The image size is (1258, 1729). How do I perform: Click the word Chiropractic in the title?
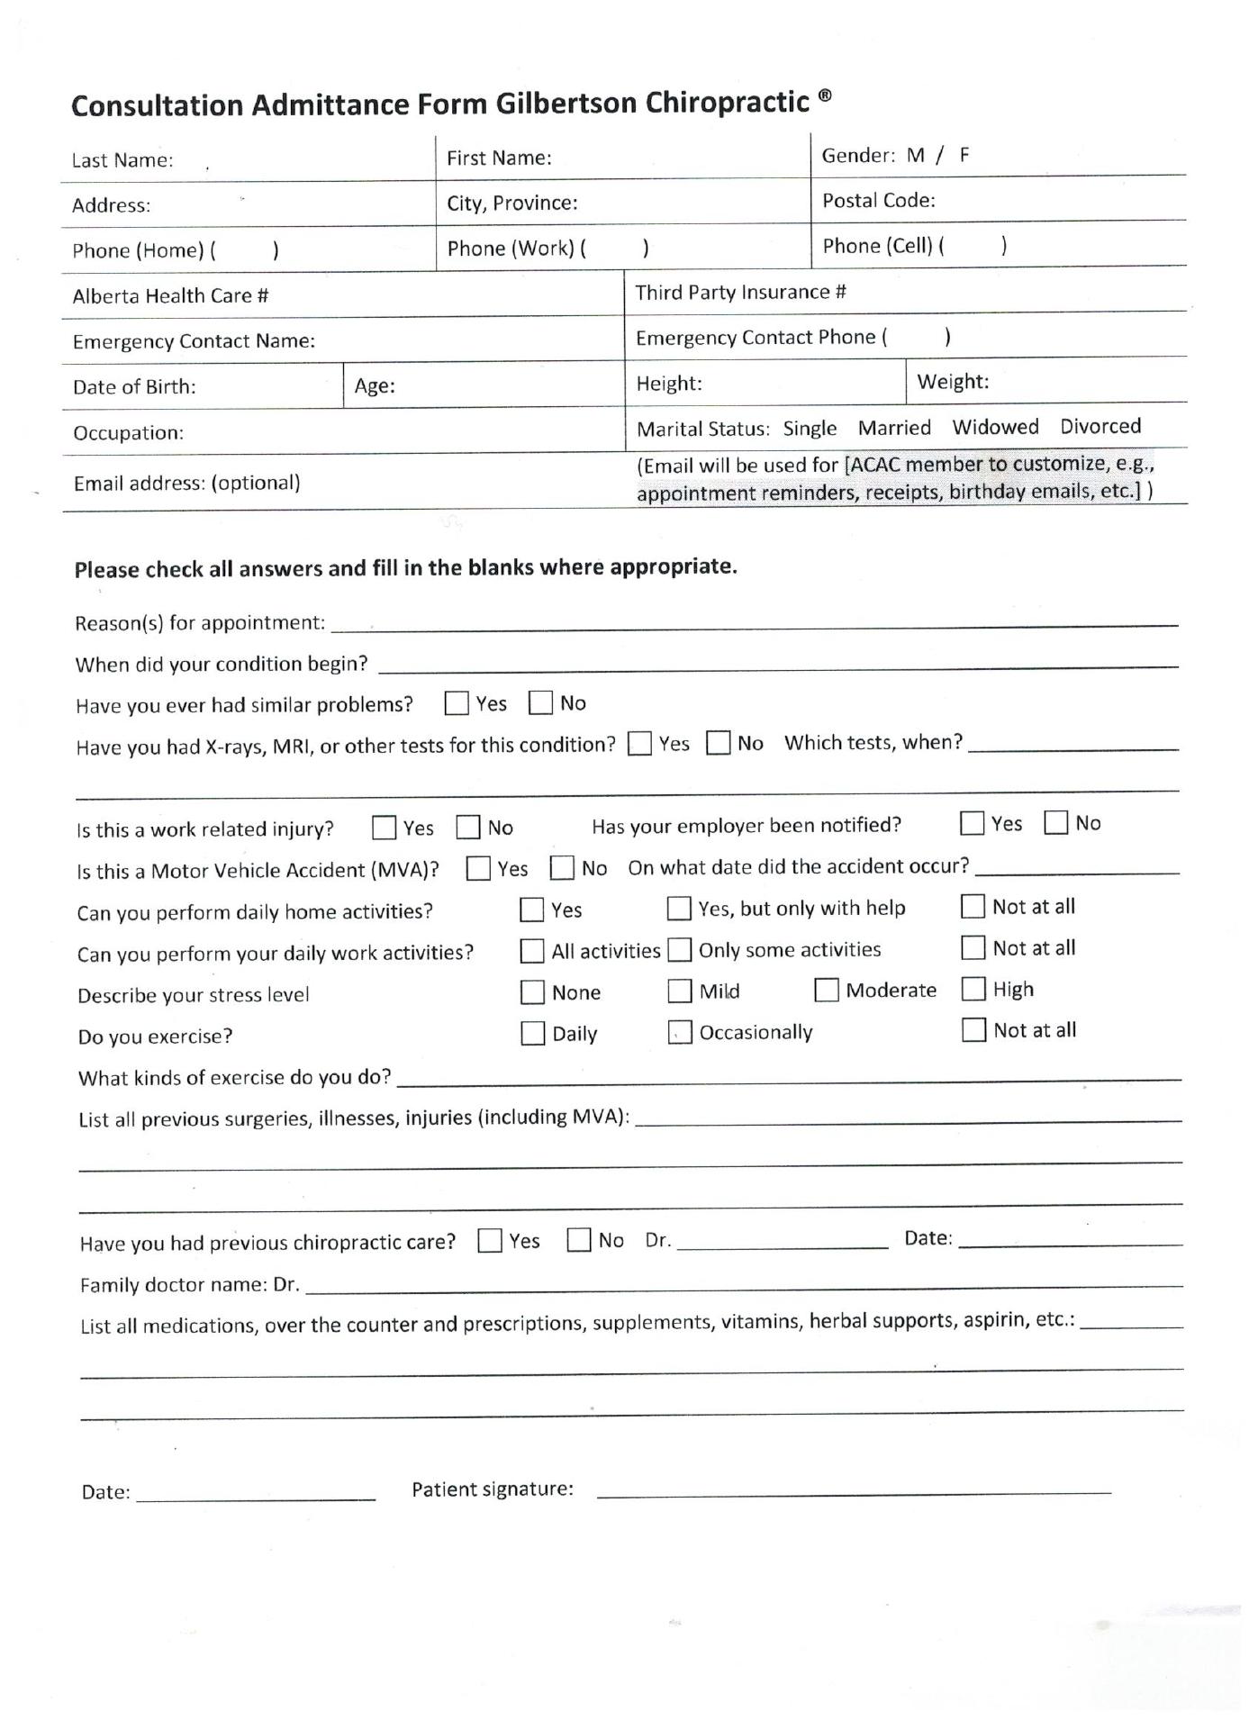point(727,103)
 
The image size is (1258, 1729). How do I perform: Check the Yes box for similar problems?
point(457,703)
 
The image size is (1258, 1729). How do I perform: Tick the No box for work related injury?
point(468,827)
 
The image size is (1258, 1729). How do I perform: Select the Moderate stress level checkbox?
point(827,990)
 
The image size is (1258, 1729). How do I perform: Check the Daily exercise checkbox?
point(533,1033)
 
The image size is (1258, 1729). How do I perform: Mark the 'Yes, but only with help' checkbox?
point(679,908)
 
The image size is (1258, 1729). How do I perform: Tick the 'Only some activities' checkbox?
point(680,949)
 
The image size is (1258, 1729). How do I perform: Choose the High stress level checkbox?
point(973,989)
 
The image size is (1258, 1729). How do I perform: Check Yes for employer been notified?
point(972,823)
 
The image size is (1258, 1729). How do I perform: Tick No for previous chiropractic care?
point(579,1240)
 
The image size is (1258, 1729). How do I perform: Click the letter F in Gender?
point(964,155)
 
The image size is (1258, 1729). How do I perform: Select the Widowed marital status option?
point(995,427)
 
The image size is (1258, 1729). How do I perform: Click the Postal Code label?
point(878,201)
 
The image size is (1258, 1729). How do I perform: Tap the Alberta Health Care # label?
point(170,295)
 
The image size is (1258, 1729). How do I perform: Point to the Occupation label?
point(128,432)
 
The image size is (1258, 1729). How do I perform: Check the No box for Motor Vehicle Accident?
point(563,868)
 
